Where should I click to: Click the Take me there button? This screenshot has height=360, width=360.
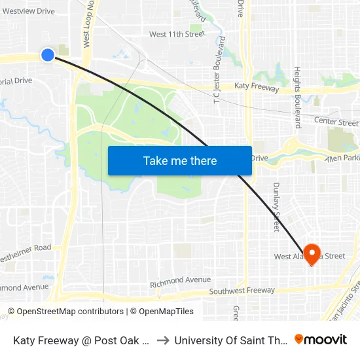180,160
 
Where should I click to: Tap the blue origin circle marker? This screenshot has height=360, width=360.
48,55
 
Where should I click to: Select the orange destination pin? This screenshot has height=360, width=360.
312,254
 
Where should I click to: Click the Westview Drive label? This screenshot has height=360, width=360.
29,11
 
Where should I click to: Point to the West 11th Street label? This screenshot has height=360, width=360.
177,34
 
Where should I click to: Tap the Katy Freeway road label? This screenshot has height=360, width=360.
257,88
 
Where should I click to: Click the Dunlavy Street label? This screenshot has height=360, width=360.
276,206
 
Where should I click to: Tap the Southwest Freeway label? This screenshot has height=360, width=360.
242,291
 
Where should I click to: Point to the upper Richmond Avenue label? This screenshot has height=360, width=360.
180,280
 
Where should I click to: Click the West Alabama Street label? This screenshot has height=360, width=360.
309,256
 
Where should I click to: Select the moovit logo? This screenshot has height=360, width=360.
321,339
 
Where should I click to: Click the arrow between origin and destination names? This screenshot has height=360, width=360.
164,340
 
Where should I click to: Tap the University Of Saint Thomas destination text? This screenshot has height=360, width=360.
231,340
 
